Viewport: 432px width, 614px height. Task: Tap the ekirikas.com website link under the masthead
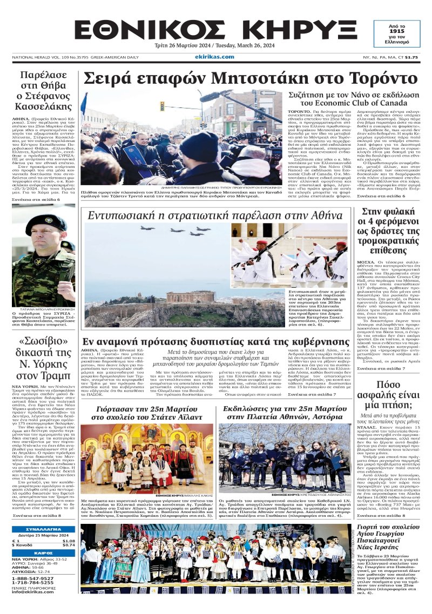(x=215, y=56)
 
